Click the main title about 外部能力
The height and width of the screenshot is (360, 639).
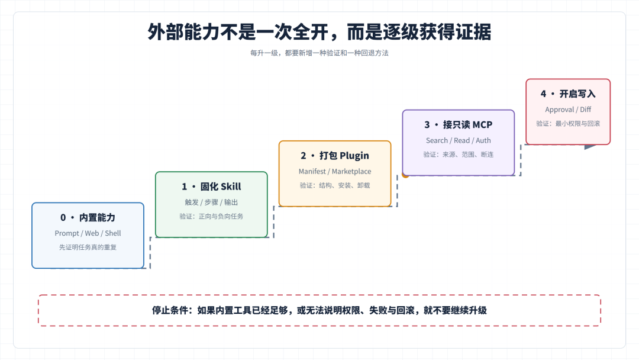pos(319,32)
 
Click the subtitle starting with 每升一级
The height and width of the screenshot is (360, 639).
pos(319,53)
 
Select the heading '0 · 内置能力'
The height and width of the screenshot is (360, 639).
pos(88,218)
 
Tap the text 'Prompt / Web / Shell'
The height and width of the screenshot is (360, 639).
pos(88,233)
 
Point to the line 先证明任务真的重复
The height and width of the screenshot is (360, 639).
pos(88,247)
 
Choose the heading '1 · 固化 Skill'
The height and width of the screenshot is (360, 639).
pos(211,187)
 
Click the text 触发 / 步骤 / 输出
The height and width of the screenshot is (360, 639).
pos(211,202)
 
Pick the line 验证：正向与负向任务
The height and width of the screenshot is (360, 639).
pos(211,216)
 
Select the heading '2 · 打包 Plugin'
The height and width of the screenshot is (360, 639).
pos(334,156)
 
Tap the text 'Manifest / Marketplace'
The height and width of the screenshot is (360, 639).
pos(334,171)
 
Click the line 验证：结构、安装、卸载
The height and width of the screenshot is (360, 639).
pos(334,185)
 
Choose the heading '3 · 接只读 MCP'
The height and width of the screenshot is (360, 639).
pos(458,125)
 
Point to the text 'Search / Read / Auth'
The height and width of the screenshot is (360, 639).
pos(458,140)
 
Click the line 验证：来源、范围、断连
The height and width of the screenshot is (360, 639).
pos(458,155)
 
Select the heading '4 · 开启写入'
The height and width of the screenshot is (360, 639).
pos(567,94)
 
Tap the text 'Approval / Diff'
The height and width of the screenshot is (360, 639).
pos(567,110)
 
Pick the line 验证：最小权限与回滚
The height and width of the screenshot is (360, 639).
pos(567,124)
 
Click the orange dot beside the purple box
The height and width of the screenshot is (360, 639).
pos(405,175)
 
